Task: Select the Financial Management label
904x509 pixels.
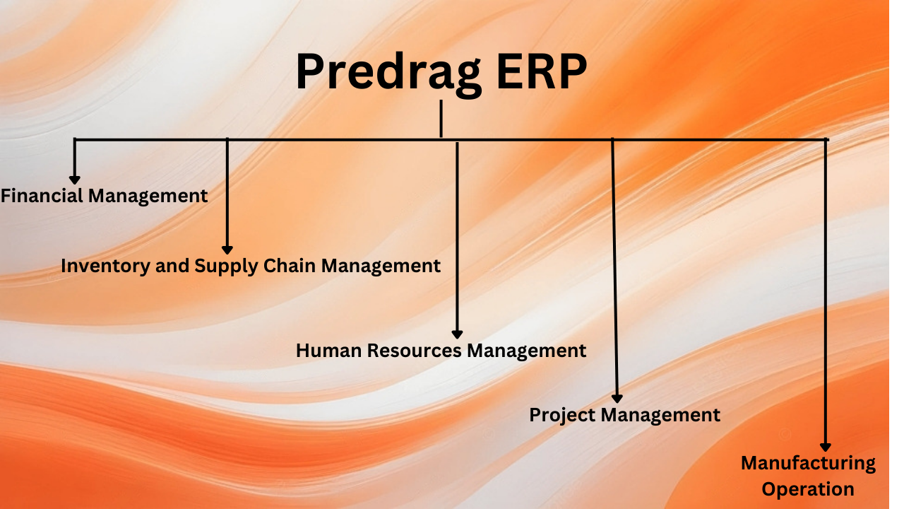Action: [x=104, y=196]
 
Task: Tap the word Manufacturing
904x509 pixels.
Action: [x=808, y=464]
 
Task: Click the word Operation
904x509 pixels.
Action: [x=808, y=488]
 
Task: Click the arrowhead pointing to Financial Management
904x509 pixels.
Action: [x=74, y=180]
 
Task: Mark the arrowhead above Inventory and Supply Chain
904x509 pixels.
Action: [x=227, y=249]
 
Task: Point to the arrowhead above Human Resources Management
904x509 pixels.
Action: [x=457, y=334]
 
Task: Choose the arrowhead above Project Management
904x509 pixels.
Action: [x=617, y=398]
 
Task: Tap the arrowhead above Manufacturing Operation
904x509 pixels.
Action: [x=825, y=447]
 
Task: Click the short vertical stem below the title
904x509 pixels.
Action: [x=441, y=119]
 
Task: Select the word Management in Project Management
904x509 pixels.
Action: [x=661, y=415]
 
